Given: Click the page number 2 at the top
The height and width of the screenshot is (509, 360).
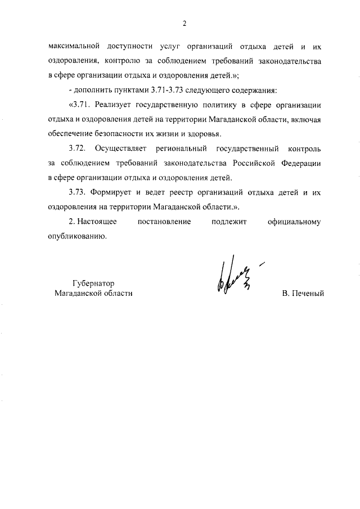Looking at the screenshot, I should pos(184,23).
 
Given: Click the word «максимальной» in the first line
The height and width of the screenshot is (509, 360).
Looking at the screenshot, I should pos(74,47).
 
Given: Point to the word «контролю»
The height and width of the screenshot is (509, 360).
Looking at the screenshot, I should pos(132,61).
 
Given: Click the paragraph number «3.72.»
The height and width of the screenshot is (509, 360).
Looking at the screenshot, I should pos(76,148).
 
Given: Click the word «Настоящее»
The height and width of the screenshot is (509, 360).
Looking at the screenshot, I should pos(98,222).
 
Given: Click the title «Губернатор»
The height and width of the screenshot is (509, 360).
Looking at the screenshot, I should pos(93,283).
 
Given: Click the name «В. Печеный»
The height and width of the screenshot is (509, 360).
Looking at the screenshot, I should pos(304,293).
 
